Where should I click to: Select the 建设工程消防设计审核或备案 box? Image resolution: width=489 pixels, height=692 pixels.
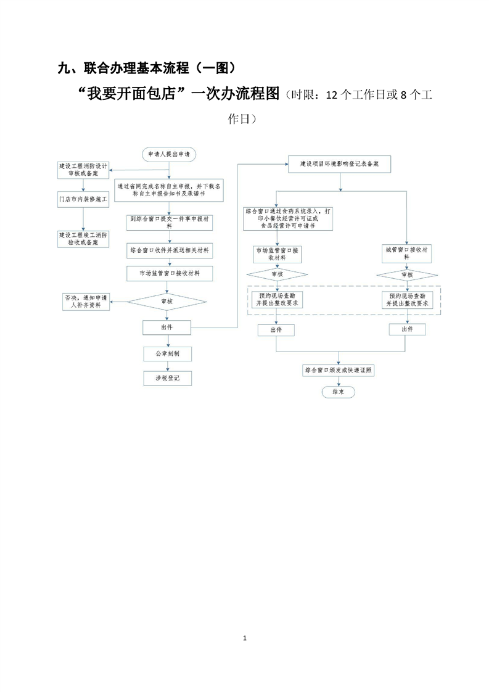pyautogui.click(x=83, y=170)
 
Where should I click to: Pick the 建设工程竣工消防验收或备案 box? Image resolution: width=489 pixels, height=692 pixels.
pyautogui.click(x=83, y=239)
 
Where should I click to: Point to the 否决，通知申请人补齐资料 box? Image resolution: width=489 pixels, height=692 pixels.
pyautogui.click(x=86, y=301)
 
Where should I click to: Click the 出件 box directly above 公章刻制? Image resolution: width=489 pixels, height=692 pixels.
pyautogui.click(x=166, y=327)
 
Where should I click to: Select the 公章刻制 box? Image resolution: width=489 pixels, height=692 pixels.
pyautogui.click(x=167, y=353)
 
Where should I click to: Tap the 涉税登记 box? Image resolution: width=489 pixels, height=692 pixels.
pyautogui.click(x=167, y=377)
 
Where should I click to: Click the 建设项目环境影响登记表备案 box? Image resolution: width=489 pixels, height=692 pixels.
pyautogui.click(x=339, y=164)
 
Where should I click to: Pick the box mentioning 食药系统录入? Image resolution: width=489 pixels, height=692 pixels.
pyautogui.click(x=289, y=218)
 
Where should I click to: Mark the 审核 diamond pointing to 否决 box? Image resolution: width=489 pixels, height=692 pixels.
pyautogui.click(x=167, y=301)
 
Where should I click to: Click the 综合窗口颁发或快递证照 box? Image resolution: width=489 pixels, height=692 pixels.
pyautogui.click(x=340, y=370)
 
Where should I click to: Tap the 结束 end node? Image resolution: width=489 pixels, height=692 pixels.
pyautogui.click(x=338, y=392)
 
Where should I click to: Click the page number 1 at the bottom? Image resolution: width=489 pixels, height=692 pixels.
pyautogui.click(x=245, y=637)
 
